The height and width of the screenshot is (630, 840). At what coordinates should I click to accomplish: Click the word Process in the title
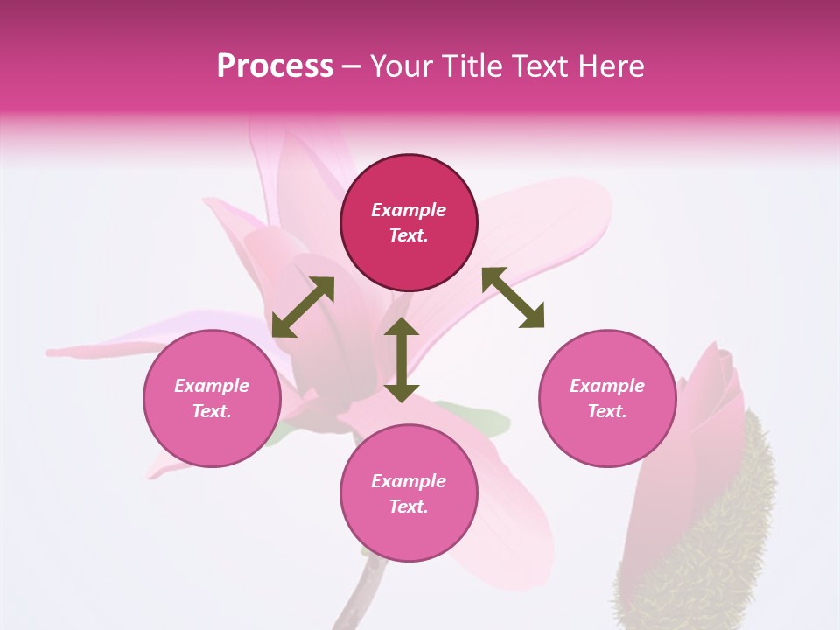(275, 66)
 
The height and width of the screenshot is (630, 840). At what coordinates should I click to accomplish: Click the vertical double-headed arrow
(402, 360)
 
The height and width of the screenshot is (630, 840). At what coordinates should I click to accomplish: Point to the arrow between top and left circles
(303, 307)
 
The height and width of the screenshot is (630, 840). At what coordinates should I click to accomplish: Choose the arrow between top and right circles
(514, 297)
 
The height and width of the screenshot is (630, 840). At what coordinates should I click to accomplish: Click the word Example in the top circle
(409, 210)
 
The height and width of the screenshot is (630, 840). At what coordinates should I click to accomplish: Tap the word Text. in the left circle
(212, 411)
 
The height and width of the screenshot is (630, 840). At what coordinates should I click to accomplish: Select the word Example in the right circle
(607, 386)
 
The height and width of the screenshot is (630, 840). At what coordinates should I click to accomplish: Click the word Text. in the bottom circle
(409, 507)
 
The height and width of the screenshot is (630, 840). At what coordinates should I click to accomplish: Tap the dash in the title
(352, 66)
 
